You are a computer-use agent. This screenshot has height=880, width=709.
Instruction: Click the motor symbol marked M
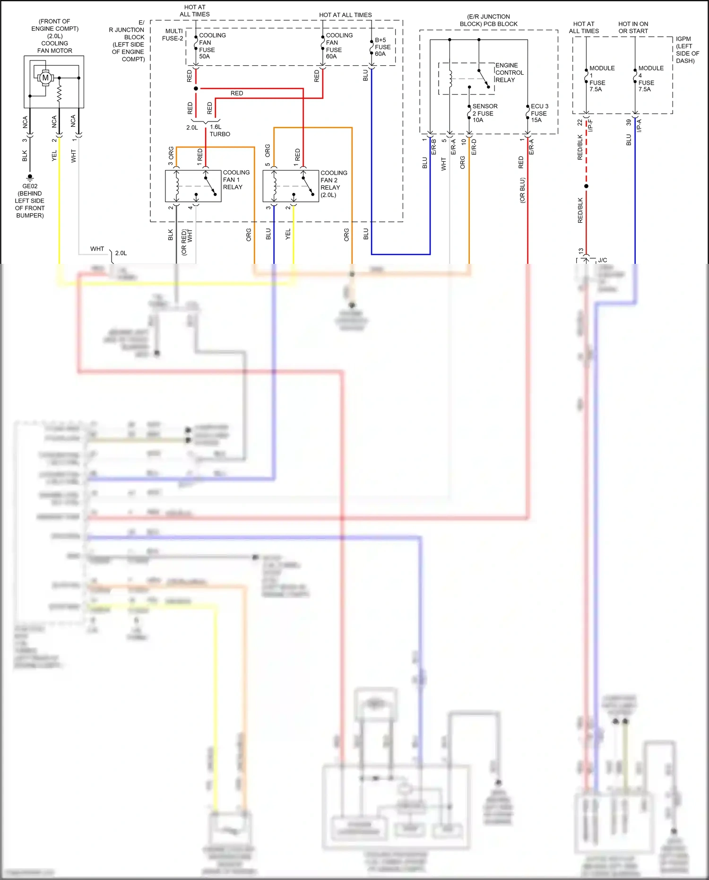[x=45, y=78]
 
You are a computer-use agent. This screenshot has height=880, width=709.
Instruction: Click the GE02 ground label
[x=30, y=186]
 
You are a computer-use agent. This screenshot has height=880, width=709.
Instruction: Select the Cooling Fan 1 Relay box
[x=193, y=186]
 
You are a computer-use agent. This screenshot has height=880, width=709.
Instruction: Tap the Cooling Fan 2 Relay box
[x=290, y=186]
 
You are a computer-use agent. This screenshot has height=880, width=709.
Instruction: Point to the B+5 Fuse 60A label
[x=382, y=47]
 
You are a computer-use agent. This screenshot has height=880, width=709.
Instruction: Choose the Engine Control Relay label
[x=509, y=73]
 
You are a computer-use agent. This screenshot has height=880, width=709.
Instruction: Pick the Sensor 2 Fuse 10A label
[x=484, y=113]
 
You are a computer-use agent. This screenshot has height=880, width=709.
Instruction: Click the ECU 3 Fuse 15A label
[x=539, y=113]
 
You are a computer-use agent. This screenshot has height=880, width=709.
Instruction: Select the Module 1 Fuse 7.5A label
[x=601, y=78]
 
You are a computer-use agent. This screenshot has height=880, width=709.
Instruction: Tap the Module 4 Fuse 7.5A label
[x=650, y=78]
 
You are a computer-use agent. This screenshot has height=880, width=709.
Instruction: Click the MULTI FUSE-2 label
[x=173, y=35]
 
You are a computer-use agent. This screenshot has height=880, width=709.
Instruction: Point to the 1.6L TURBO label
[x=219, y=131]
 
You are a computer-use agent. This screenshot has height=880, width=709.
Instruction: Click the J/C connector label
[x=602, y=260]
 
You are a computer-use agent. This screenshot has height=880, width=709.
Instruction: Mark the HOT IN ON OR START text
[x=633, y=27]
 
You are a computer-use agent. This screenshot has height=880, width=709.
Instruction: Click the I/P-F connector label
[x=590, y=125]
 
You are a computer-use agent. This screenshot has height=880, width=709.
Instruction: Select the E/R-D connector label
[x=474, y=147]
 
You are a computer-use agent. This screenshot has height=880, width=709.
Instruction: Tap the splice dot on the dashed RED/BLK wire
[x=586, y=186]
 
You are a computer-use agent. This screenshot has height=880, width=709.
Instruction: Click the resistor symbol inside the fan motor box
[x=59, y=93]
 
